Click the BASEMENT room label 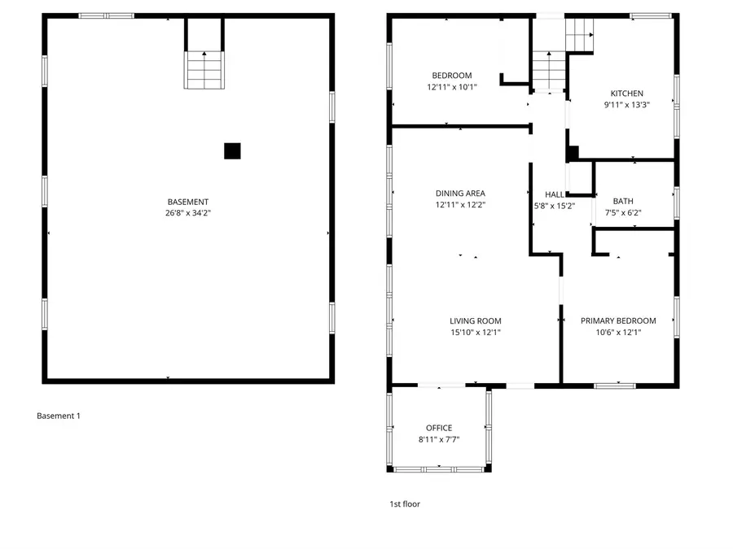pos(187,202)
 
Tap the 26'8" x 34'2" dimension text pos(187,213)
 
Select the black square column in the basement pos(232,150)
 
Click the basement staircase pos(204,69)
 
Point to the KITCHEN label pos(626,94)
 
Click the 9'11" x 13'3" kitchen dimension pos(626,105)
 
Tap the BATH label pos(623,201)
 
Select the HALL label pos(555,194)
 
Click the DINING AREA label pos(460,194)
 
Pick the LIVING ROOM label pos(476,320)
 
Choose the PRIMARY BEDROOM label pos(618,320)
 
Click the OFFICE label pos(439,428)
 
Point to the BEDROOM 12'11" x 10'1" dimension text pos(451,87)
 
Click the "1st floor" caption pos(405,504)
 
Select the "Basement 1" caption pos(59,416)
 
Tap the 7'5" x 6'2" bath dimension pos(623,212)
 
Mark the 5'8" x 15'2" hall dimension pos(555,206)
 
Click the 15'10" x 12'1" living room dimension pos(476,332)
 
